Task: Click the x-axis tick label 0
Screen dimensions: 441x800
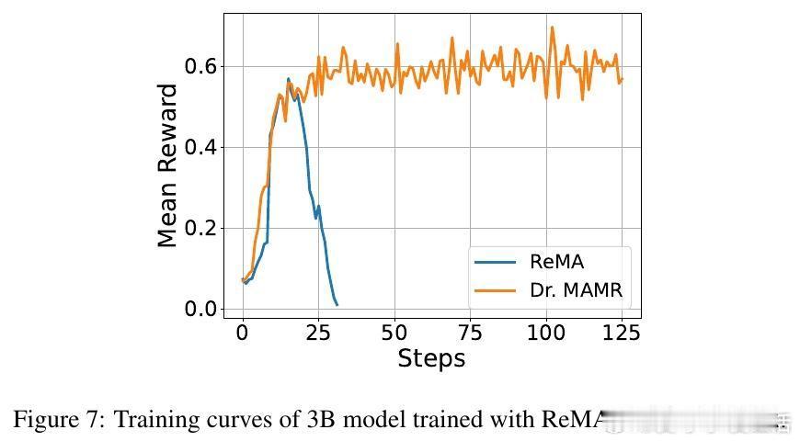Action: click(x=243, y=332)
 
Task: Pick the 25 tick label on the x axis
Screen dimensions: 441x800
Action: click(x=318, y=332)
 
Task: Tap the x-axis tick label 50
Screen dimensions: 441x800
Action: click(x=394, y=332)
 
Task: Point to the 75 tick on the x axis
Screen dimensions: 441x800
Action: click(x=471, y=332)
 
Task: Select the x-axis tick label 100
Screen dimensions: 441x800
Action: click(x=546, y=332)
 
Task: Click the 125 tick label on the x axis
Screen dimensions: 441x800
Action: click(x=623, y=332)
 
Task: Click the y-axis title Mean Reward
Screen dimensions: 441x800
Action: click(x=167, y=165)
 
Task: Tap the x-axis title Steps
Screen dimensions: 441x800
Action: click(x=431, y=358)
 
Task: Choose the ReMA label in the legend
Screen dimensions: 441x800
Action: click(x=556, y=261)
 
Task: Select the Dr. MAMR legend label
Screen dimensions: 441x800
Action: click(x=577, y=290)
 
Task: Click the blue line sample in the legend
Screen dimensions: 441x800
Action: click(x=495, y=262)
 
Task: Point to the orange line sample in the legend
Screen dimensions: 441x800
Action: click(x=495, y=291)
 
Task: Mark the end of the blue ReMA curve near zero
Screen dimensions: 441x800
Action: click(x=337, y=304)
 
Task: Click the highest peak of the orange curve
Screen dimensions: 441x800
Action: click(x=553, y=27)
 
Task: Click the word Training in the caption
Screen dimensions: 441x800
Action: click(x=154, y=420)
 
